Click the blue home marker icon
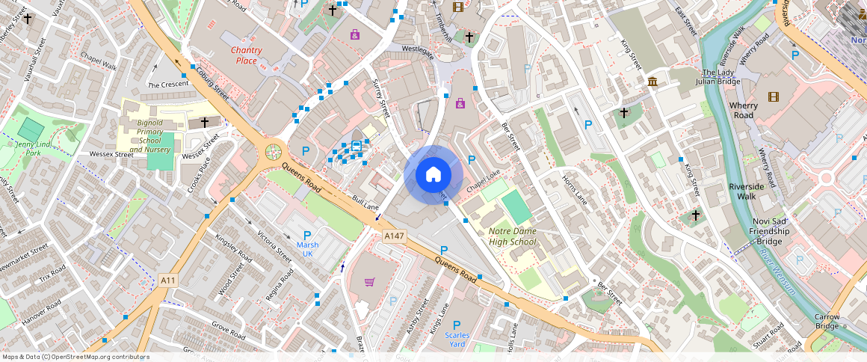433,175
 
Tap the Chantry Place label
246,55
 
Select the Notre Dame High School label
512,236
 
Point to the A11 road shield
168,280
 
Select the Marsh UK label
307,249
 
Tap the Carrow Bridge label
827,322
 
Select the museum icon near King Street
652,81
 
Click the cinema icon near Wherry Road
773,96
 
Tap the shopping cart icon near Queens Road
369,282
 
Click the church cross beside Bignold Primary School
204,121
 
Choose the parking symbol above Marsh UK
307,236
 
